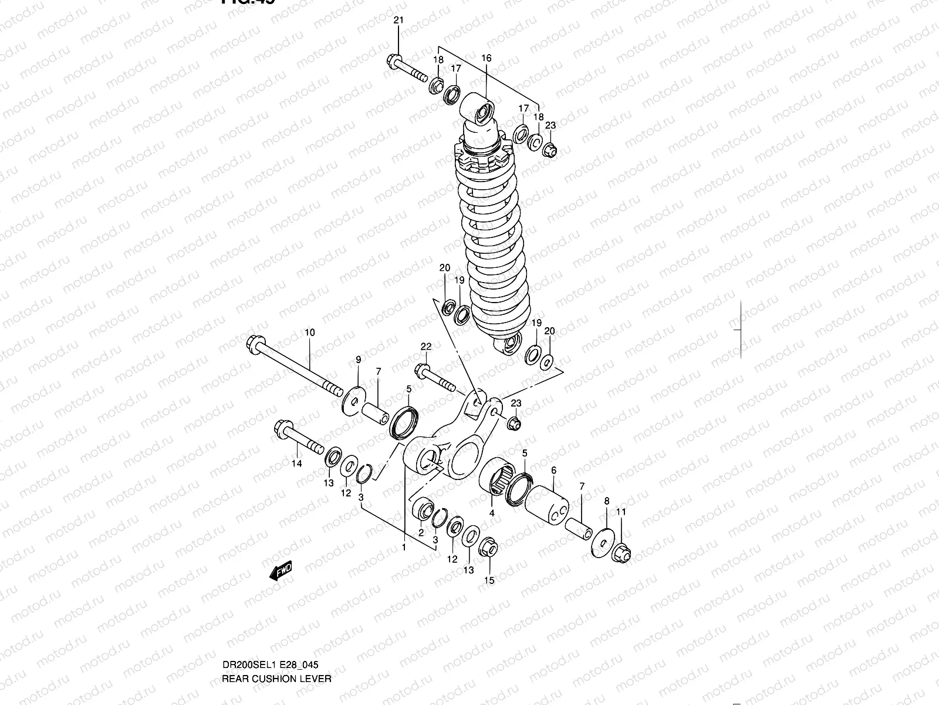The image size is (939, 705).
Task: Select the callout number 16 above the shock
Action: (487, 58)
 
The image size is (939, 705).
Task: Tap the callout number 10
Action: (309, 333)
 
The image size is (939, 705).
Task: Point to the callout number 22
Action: (425, 347)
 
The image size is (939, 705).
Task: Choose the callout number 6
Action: (553, 470)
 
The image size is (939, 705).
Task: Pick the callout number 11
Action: (621, 512)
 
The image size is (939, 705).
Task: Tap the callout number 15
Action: (489, 580)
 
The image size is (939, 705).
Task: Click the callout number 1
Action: (404, 547)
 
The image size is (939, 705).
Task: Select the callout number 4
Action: (492, 512)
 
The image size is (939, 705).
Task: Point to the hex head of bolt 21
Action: (394, 60)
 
